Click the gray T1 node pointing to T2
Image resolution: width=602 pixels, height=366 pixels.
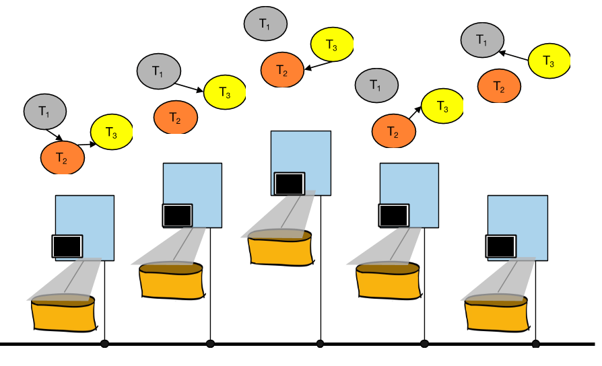(45, 112)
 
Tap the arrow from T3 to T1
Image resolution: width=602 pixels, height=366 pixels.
(514, 52)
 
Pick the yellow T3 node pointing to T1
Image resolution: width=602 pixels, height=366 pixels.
(549, 61)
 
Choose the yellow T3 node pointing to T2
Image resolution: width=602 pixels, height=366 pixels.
(332, 45)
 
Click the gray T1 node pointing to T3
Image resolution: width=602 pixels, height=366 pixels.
(159, 70)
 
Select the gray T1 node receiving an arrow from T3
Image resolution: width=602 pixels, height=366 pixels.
(482, 40)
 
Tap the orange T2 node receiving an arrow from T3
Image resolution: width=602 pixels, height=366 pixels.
(282, 71)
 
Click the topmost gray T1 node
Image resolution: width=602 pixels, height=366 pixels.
(265, 23)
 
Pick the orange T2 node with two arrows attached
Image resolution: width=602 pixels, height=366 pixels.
(62, 157)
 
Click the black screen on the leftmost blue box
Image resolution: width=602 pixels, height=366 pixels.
(67, 246)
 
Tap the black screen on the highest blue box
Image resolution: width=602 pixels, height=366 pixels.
(290, 184)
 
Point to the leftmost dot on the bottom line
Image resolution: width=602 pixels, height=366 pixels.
(104, 344)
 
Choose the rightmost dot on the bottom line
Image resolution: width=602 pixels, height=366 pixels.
(536, 344)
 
